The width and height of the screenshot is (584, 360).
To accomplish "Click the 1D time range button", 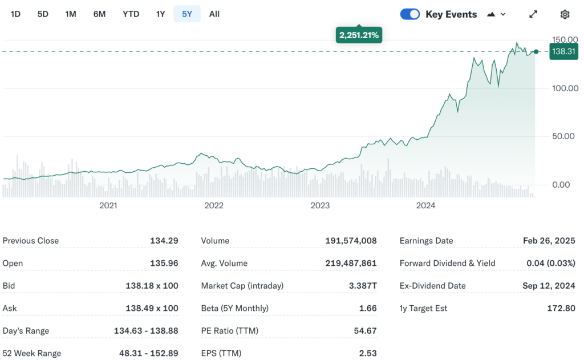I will coord(15,14).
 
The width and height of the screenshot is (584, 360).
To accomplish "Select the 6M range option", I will coord(99,14).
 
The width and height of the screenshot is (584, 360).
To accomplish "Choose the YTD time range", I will coord(131,14).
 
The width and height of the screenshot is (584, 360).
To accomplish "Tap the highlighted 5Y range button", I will coord(187,14).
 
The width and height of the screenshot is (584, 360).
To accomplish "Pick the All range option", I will coord(214,14).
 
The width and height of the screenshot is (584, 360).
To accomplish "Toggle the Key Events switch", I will coord(410,14).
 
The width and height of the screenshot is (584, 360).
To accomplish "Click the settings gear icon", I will coord(565,14).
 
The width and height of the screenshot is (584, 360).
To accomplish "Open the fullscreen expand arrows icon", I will coord(533,14).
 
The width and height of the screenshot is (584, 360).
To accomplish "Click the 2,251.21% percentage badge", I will coord(359,35).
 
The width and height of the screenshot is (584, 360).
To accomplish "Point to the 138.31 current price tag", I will coord(563,52).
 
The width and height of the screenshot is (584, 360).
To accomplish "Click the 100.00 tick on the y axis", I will coord(565,88).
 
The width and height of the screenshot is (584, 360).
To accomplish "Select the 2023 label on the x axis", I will coord(320,205).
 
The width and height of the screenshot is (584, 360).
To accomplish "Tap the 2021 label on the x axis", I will coord(108,205).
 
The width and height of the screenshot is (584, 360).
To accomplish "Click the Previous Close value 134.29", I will coord(164,241).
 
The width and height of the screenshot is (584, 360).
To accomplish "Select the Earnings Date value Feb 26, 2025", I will coord(549,241).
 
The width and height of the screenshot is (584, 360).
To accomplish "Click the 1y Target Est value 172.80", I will coord(561,308).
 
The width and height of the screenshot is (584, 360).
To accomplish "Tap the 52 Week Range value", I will coord(148,353).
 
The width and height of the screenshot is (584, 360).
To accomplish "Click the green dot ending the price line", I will coord(536,52).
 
